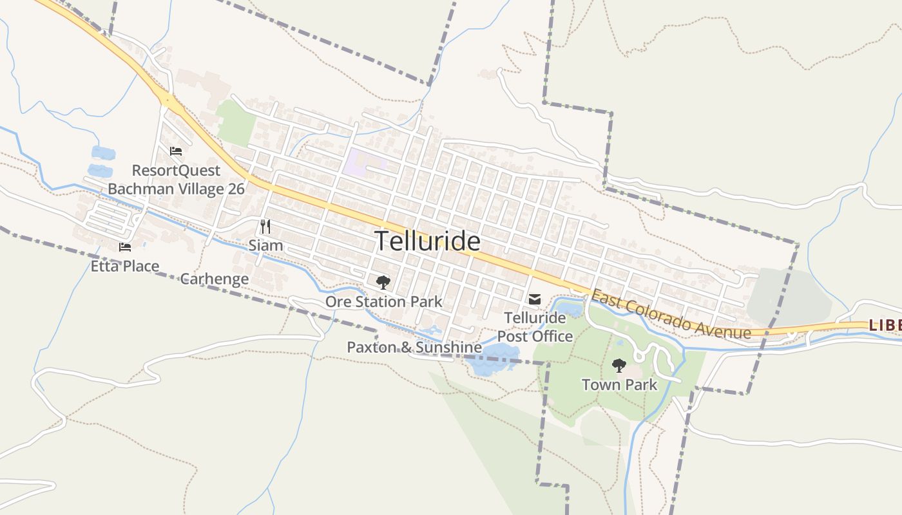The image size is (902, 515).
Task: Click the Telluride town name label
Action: [x=427, y=241]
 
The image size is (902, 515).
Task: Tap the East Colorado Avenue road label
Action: [x=670, y=315]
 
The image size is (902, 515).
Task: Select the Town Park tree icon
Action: [x=619, y=366]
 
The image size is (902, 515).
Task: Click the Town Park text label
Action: [x=619, y=385]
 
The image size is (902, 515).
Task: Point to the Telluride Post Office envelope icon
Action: [x=535, y=299]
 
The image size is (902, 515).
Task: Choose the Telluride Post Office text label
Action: [x=535, y=327]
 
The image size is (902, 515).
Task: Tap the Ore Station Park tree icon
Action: [x=383, y=282]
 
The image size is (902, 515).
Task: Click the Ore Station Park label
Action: [x=383, y=301]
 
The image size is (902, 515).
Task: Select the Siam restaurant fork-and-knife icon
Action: [x=265, y=226]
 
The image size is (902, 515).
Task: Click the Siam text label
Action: [x=265, y=245]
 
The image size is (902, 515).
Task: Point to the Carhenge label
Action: [x=214, y=279]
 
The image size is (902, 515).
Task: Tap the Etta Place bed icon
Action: [x=125, y=247]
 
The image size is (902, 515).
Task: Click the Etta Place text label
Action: [x=125, y=266]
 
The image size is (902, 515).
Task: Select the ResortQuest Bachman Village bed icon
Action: [x=176, y=151]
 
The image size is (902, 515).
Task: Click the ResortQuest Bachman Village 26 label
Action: [x=176, y=180]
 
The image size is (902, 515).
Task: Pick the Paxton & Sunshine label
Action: [x=414, y=348]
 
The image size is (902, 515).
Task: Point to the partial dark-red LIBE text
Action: [x=885, y=326]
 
